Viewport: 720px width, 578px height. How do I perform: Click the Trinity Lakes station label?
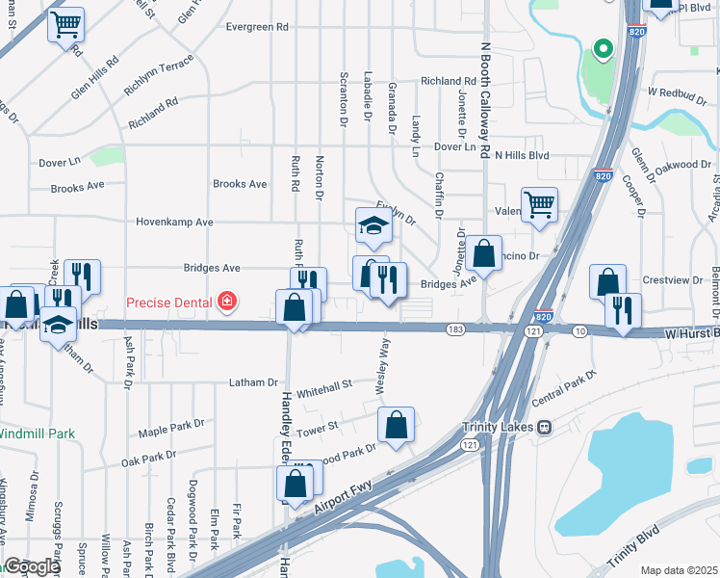tap(494, 427)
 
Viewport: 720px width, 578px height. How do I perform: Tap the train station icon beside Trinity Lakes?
tap(544, 427)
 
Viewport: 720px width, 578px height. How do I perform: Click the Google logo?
tap(32, 566)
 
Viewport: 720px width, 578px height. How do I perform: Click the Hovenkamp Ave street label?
tap(177, 222)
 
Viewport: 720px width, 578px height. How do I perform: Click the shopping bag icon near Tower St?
tap(396, 424)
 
